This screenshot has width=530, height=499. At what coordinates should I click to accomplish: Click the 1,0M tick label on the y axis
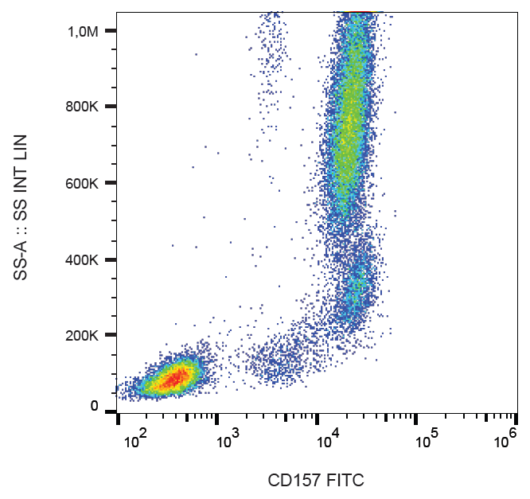(x=82, y=31)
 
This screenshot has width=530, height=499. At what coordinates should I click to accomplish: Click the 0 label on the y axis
(x=95, y=407)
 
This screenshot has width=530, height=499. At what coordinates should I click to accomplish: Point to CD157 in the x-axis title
(x=290, y=481)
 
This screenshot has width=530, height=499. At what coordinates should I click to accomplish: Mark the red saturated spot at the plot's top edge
(x=359, y=14)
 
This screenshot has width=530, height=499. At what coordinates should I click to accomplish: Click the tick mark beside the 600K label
(x=110, y=183)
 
